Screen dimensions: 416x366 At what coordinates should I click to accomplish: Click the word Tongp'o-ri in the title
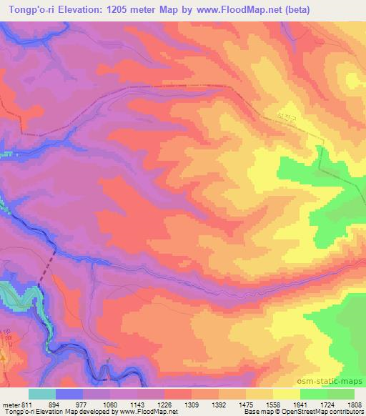pyautogui.click(x=30, y=9)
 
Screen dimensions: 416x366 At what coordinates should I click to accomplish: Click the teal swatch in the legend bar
pyautogui.click(x=42, y=395)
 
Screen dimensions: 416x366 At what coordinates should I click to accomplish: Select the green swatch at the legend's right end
pyautogui.click(x=341, y=395)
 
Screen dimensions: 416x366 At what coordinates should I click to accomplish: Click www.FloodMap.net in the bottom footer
pyautogui.click(x=141, y=412)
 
